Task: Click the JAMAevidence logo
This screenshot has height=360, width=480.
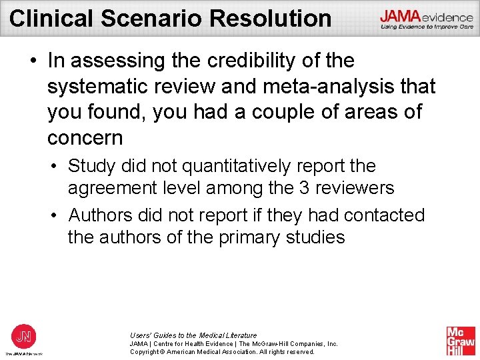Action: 427,19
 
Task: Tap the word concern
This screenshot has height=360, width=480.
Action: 85,138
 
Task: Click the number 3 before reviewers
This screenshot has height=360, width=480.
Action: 304,189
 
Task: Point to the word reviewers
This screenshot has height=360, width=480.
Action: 355,189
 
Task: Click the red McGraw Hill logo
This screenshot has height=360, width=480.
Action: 461,341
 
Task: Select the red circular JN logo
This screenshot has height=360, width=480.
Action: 23,335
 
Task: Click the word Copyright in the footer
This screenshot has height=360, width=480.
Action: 146,352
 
